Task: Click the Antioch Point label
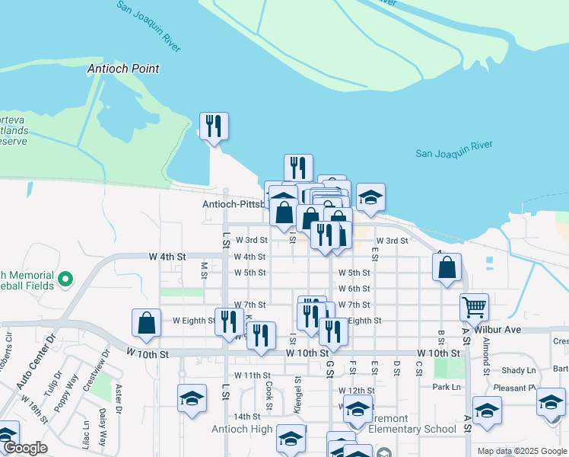[x=123, y=69]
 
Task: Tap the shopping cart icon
[x=474, y=308]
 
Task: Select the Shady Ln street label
[x=519, y=370]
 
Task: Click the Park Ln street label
[x=447, y=387]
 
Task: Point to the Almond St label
[x=486, y=353]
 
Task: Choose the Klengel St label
[x=297, y=392]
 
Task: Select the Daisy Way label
[x=102, y=423]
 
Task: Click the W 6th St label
[x=354, y=289]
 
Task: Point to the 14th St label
[x=247, y=417]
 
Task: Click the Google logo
[x=24, y=449]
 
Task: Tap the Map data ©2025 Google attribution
[x=521, y=451]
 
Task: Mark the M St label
[x=203, y=270]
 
